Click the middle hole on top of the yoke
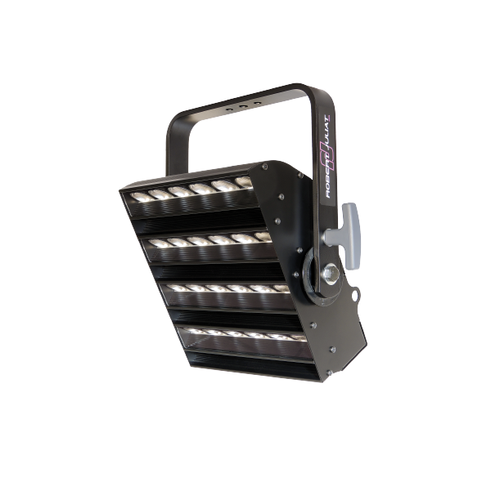(242, 106)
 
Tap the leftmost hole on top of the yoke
(230, 109)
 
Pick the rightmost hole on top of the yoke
(258, 102)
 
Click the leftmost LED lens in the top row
(138, 197)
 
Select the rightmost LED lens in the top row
(244, 182)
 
